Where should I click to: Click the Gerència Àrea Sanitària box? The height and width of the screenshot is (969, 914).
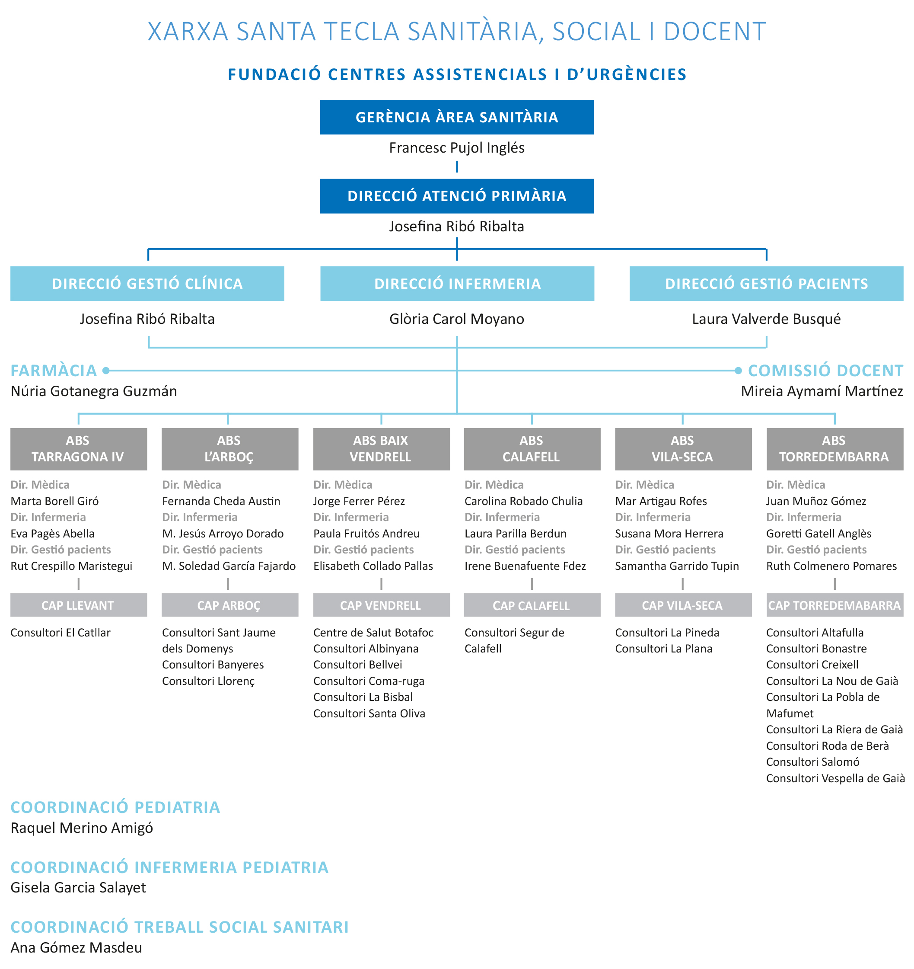pyautogui.click(x=456, y=117)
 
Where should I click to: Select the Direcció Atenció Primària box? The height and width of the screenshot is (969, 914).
pyautogui.click(x=456, y=196)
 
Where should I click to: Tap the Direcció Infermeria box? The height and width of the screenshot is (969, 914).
pyautogui.click(x=457, y=284)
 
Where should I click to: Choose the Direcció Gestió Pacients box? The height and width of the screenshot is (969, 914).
pyautogui.click(x=766, y=284)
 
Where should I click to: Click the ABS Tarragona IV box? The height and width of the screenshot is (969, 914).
pyautogui.click(x=79, y=449)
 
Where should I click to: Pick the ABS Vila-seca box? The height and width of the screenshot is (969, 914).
pyautogui.click(x=683, y=449)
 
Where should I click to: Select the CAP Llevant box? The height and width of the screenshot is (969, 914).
pyautogui.click(x=79, y=605)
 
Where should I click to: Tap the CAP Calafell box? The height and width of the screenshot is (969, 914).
pyautogui.click(x=532, y=605)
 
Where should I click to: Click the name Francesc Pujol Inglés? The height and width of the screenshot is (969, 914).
pyautogui.click(x=456, y=148)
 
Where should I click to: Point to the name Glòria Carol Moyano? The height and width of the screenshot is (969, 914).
pyautogui.click(x=456, y=319)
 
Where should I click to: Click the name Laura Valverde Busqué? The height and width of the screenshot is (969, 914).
pyautogui.click(x=766, y=319)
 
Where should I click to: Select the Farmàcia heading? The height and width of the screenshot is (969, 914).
pyautogui.click(x=54, y=371)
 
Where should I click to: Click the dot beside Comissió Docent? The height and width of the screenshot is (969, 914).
pyautogui.click(x=738, y=371)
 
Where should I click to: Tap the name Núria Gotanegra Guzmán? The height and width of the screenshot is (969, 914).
pyautogui.click(x=93, y=391)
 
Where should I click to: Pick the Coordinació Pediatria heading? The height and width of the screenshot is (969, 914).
pyautogui.click(x=115, y=807)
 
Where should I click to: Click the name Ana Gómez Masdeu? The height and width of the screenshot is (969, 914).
pyautogui.click(x=76, y=947)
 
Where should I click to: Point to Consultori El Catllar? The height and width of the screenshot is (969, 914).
pyautogui.click(x=61, y=633)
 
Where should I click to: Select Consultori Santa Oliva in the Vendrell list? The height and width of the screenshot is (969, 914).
pyautogui.click(x=369, y=713)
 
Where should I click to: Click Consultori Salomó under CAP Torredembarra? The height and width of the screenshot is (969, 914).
pyautogui.click(x=813, y=762)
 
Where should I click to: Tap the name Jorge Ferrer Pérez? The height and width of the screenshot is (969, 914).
pyautogui.click(x=359, y=501)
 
